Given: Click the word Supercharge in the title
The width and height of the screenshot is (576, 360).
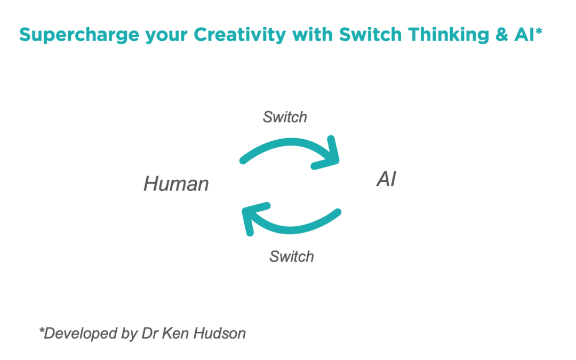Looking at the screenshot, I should tap(77, 35).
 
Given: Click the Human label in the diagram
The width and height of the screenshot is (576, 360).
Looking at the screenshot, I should tap(176, 184).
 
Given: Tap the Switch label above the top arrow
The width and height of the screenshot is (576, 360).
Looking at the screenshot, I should tap(285, 117).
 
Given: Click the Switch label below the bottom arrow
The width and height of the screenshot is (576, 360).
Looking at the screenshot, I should tap(292, 257).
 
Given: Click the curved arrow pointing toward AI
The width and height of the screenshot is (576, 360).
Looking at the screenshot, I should tap(288, 147).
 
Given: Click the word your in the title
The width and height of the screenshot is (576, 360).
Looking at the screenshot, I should tap(164, 36).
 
